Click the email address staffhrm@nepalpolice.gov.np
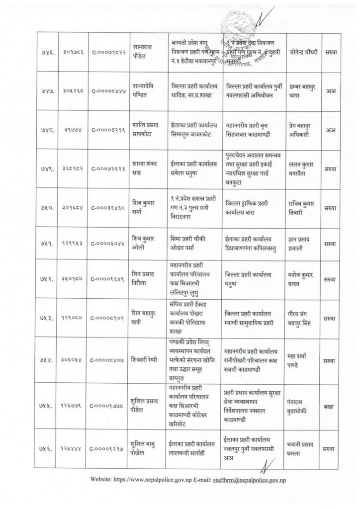[x=248, y=482]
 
